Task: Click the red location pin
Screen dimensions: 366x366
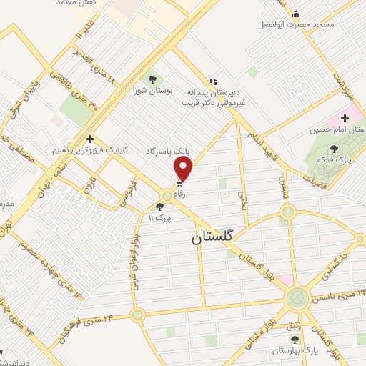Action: point(184,168)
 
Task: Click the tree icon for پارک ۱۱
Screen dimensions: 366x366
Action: point(169,207)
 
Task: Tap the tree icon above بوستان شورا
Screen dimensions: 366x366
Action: point(152,79)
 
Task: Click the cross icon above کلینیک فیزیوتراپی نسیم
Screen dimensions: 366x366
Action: point(90,139)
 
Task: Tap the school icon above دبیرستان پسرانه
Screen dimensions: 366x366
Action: point(212,81)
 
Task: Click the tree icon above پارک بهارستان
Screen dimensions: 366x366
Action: point(274,340)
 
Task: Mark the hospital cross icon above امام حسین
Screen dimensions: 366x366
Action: point(345,117)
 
